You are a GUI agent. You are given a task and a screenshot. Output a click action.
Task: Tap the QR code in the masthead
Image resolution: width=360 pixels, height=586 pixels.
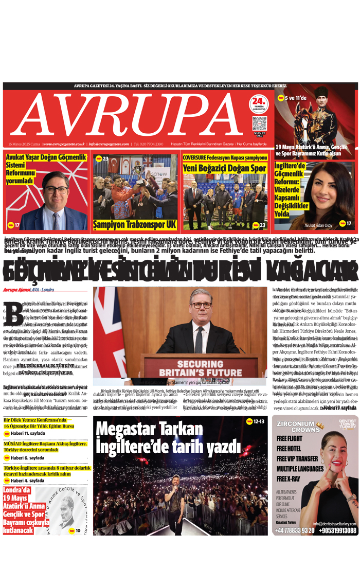tap(260, 124)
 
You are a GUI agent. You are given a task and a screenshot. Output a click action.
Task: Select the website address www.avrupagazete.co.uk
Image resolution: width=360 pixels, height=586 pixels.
tap(64, 144)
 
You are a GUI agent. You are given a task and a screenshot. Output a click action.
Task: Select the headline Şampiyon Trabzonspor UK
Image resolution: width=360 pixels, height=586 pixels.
tap(135, 225)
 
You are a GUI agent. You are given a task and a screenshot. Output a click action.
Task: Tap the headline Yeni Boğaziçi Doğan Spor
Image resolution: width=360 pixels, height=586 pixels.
tap(224, 168)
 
